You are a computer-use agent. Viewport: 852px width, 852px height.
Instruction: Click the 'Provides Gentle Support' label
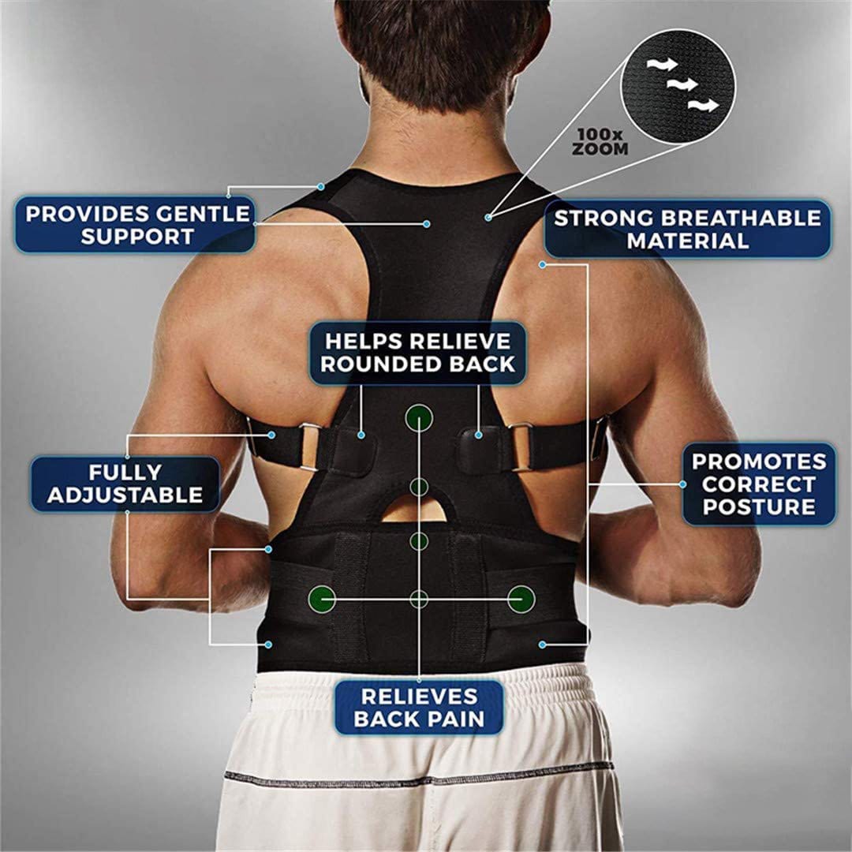[x=136, y=225]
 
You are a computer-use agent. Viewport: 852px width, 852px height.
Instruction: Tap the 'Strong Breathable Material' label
[x=688, y=229]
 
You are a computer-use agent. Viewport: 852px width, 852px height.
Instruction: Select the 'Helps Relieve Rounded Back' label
[x=418, y=353]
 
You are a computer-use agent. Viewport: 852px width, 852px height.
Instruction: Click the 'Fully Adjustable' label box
[x=125, y=484]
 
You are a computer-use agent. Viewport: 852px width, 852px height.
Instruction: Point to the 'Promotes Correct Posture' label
[x=759, y=484]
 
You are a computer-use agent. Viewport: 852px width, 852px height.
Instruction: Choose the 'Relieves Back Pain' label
[x=419, y=708]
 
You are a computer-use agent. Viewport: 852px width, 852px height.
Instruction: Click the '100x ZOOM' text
[x=600, y=142]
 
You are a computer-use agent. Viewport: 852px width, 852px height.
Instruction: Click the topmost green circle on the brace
[x=419, y=418]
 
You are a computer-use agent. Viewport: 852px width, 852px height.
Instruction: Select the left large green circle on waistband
[x=322, y=600]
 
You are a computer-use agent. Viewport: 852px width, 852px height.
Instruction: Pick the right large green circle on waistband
[x=521, y=600]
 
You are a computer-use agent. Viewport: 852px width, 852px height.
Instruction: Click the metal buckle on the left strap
[x=308, y=447]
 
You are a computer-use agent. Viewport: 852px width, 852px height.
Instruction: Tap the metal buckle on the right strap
[x=521, y=446]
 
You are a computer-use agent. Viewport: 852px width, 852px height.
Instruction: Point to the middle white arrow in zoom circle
[x=682, y=84]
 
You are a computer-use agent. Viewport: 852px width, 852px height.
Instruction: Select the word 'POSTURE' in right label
[x=759, y=507]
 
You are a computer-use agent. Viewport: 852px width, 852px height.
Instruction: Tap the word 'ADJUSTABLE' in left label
[x=125, y=495]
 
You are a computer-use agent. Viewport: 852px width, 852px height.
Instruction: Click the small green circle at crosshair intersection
[x=419, y=600]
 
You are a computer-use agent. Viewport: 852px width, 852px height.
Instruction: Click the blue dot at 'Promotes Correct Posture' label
[x=683, y=484]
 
